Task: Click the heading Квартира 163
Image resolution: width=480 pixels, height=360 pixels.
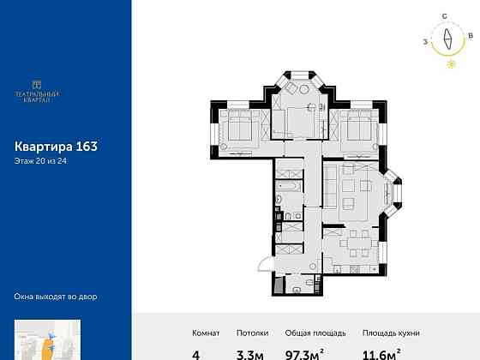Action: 57,146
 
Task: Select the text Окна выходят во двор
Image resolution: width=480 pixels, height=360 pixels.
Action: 57,297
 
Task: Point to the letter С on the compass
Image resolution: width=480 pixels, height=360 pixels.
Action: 445,16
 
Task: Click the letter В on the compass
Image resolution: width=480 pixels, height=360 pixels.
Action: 471,35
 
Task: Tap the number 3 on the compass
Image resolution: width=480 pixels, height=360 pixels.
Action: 425,39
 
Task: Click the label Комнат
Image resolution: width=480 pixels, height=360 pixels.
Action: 205,333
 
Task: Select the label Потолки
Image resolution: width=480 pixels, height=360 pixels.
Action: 254,333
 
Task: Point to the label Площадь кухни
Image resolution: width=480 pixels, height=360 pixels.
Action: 388,333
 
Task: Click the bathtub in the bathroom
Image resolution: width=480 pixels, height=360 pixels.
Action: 287,184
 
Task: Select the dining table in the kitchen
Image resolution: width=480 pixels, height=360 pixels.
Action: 351,242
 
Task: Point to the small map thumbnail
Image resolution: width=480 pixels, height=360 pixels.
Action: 47,340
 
